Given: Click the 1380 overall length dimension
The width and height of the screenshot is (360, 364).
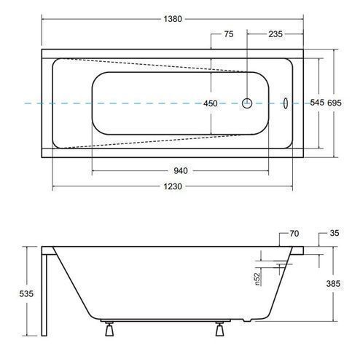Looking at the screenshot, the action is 173,19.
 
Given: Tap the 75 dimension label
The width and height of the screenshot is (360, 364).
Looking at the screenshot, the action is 229,34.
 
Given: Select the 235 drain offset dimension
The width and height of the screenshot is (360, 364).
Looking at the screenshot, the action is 275,34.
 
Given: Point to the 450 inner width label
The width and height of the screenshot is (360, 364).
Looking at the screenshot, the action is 211,103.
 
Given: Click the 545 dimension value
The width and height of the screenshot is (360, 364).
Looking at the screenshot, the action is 317,103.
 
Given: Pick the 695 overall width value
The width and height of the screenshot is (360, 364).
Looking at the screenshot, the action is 334,103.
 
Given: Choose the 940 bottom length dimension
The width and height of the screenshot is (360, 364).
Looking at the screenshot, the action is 181,171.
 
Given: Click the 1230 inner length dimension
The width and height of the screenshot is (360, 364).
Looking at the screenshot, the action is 173,186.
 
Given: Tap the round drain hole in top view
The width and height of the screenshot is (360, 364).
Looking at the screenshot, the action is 247,103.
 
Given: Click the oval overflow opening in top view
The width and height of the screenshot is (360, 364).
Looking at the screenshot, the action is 286,103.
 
